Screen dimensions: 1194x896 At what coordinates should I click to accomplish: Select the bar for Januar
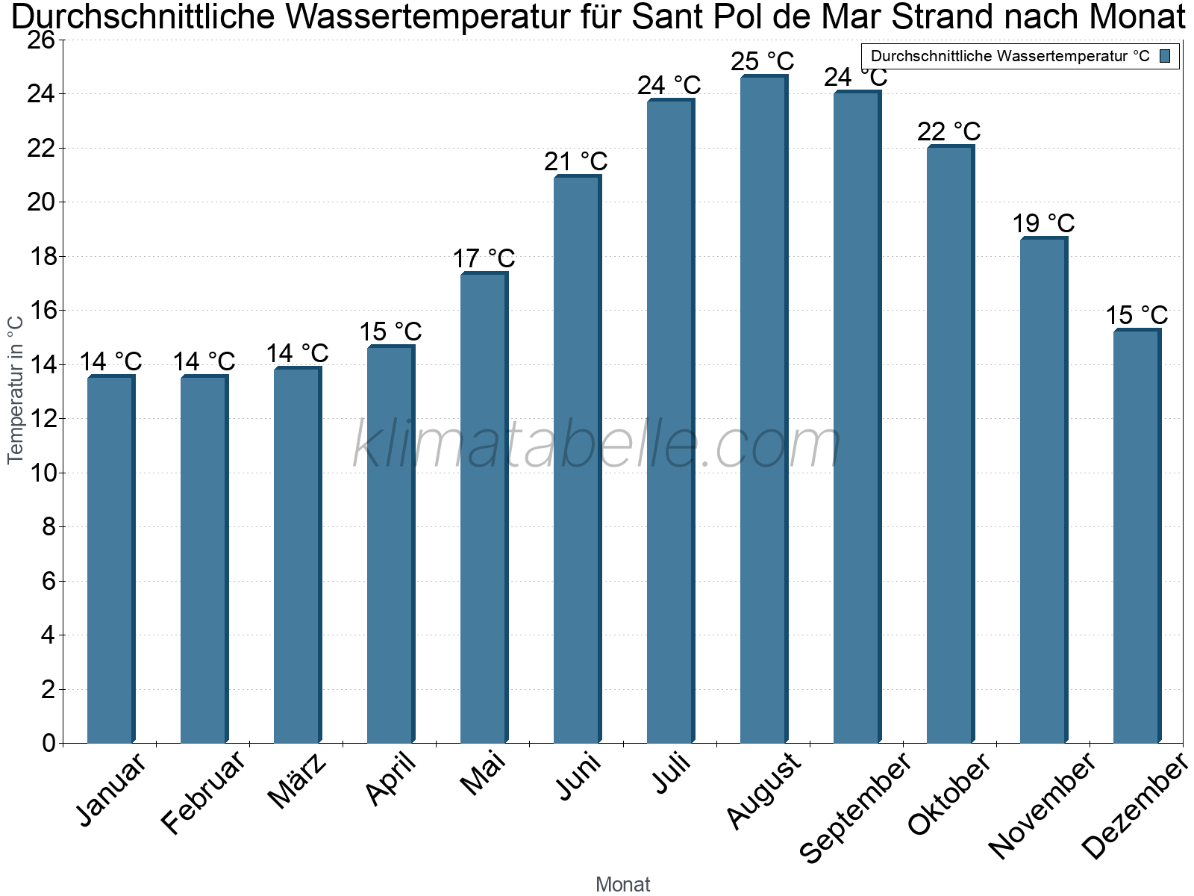(x=111, y=559)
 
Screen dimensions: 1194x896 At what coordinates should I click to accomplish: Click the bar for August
(x=763, y=409)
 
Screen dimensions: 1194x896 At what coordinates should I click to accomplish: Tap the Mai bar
(x=484, y=508)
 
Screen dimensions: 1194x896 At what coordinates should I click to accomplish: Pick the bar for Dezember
(x=1137, y=536)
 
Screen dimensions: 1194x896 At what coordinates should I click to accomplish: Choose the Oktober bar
(x=950, y=444)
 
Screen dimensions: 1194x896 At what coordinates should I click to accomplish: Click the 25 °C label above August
(x=762, y=61)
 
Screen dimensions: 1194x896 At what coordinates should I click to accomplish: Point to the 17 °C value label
(x=484, y=258)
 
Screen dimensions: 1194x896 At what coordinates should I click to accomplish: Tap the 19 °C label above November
(x=1043, y=223)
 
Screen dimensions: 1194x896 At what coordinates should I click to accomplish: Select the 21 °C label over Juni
(x=575, y=161)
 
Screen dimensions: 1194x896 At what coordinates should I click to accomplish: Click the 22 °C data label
(x=948, y=131)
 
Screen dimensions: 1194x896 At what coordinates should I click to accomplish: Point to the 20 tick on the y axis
(x=41, y=202)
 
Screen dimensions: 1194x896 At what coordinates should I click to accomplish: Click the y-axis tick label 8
(x=49, y=526)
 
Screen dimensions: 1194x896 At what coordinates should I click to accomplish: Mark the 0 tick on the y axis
(x=49, y=743)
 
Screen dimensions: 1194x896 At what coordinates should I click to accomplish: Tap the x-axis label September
(x=854, y=807)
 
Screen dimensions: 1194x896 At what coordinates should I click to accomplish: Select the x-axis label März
(x=297, y=781)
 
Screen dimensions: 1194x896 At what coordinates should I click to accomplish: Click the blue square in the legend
(x=1165, y=56)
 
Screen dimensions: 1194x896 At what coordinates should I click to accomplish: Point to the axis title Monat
(x=623, y=884)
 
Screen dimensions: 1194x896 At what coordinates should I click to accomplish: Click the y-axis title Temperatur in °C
(x=16, y=390)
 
